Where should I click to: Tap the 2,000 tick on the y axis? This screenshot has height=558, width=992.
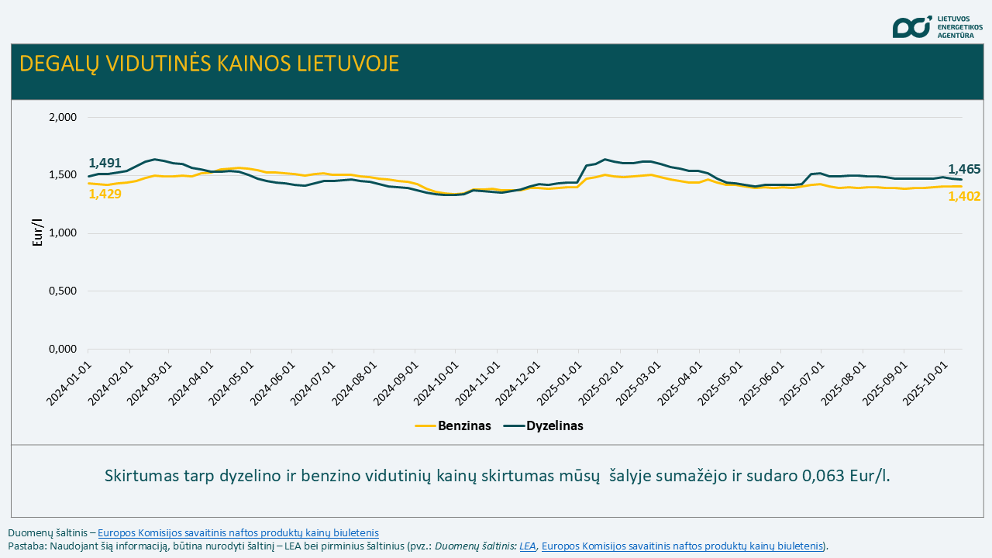[63, 117]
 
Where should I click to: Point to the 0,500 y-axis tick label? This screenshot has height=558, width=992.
[63, 291]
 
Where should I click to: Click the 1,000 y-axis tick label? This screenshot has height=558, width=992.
[63, 233]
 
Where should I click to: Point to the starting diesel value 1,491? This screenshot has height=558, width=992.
[105, 163]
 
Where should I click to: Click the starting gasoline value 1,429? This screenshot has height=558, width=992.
[105, 194]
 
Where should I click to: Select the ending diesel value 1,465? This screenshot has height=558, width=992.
[964, 169]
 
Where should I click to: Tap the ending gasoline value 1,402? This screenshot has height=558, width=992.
[964, 197]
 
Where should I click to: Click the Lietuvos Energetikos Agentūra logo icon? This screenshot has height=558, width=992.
[911, 26]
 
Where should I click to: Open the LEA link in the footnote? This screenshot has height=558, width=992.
[528, 546]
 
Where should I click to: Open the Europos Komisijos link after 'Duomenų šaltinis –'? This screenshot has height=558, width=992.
[238, 532]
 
